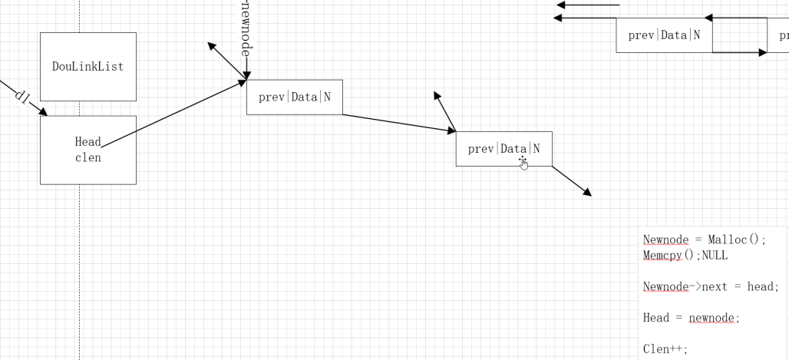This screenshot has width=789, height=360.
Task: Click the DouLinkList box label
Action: pyautogui.click(x=87, y=66)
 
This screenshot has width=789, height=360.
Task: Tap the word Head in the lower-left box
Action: pyautogui.click(x=87, y=142)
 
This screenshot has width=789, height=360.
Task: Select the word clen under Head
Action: pyautogui.click(x=87, y=158)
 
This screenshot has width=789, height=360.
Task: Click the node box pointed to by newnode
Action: pyautogui.click(x=295, y=97)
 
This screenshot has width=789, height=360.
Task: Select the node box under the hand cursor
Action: pyautogui.click(x=503, y=149)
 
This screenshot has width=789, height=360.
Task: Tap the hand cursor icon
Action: pyautogui.click(x=524, y=163)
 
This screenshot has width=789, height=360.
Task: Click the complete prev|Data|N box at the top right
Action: pyautogui.click(x=664, y=35)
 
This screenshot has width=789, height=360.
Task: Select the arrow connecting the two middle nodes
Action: pyautogui.click(x=399, y=123)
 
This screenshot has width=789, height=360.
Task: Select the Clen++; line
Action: pyautogui.click(x=665, y=349)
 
